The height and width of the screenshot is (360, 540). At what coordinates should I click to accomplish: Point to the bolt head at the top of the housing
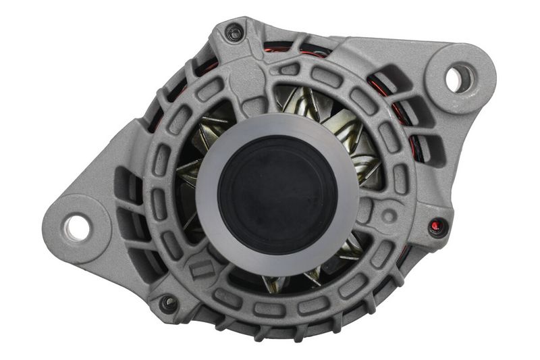pyautogui.click(x=234, y=32)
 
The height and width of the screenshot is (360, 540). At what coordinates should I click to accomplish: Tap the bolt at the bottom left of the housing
pyautogui.click(x=167, y=303)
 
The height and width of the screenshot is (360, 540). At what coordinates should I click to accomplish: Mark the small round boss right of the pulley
pyautogui.click(x=389, y=215)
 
